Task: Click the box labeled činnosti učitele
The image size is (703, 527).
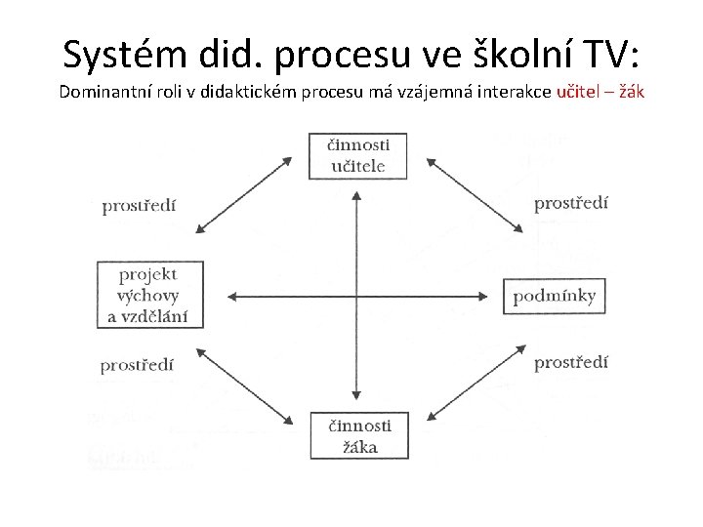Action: point(357,155)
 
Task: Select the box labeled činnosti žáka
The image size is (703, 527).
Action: point(357,436)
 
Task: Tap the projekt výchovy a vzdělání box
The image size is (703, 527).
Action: point(148,294)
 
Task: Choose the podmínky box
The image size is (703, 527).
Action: point(554,296)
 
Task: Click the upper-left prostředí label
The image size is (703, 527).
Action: point(140,206)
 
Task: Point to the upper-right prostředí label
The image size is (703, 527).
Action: point(571,203)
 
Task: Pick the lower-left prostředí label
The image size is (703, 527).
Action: point(138,365)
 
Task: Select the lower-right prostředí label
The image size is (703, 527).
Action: point(571,362)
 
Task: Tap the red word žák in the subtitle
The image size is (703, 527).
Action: point(629,93)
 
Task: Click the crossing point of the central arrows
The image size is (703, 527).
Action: point(356,296)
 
